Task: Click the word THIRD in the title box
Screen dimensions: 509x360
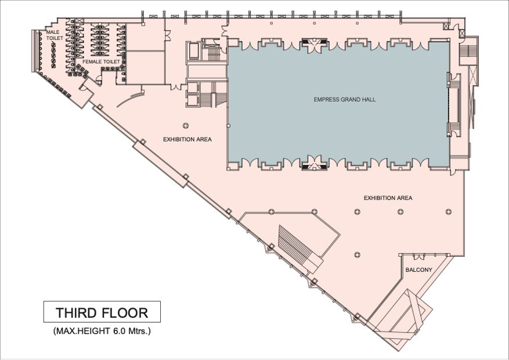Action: (x=76, y=312)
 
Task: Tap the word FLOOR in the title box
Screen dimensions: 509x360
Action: (x=125, y=312)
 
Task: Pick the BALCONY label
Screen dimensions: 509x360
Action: (x=419, y=270)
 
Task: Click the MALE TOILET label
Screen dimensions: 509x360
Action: (x=54, y=35)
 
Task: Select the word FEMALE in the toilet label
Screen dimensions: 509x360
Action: (x=92, y=62)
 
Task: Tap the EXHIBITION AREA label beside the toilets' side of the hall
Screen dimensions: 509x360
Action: (x=187, y=139)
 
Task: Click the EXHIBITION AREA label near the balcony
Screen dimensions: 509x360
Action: (x=388, y=197)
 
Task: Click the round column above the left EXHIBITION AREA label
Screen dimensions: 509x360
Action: (x=186, y=125)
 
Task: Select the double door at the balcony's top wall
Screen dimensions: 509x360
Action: (x=419, y=257)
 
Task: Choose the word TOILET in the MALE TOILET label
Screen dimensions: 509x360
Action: (x=55, y=38)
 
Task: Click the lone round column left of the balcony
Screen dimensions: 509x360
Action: (x=357, y=254)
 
